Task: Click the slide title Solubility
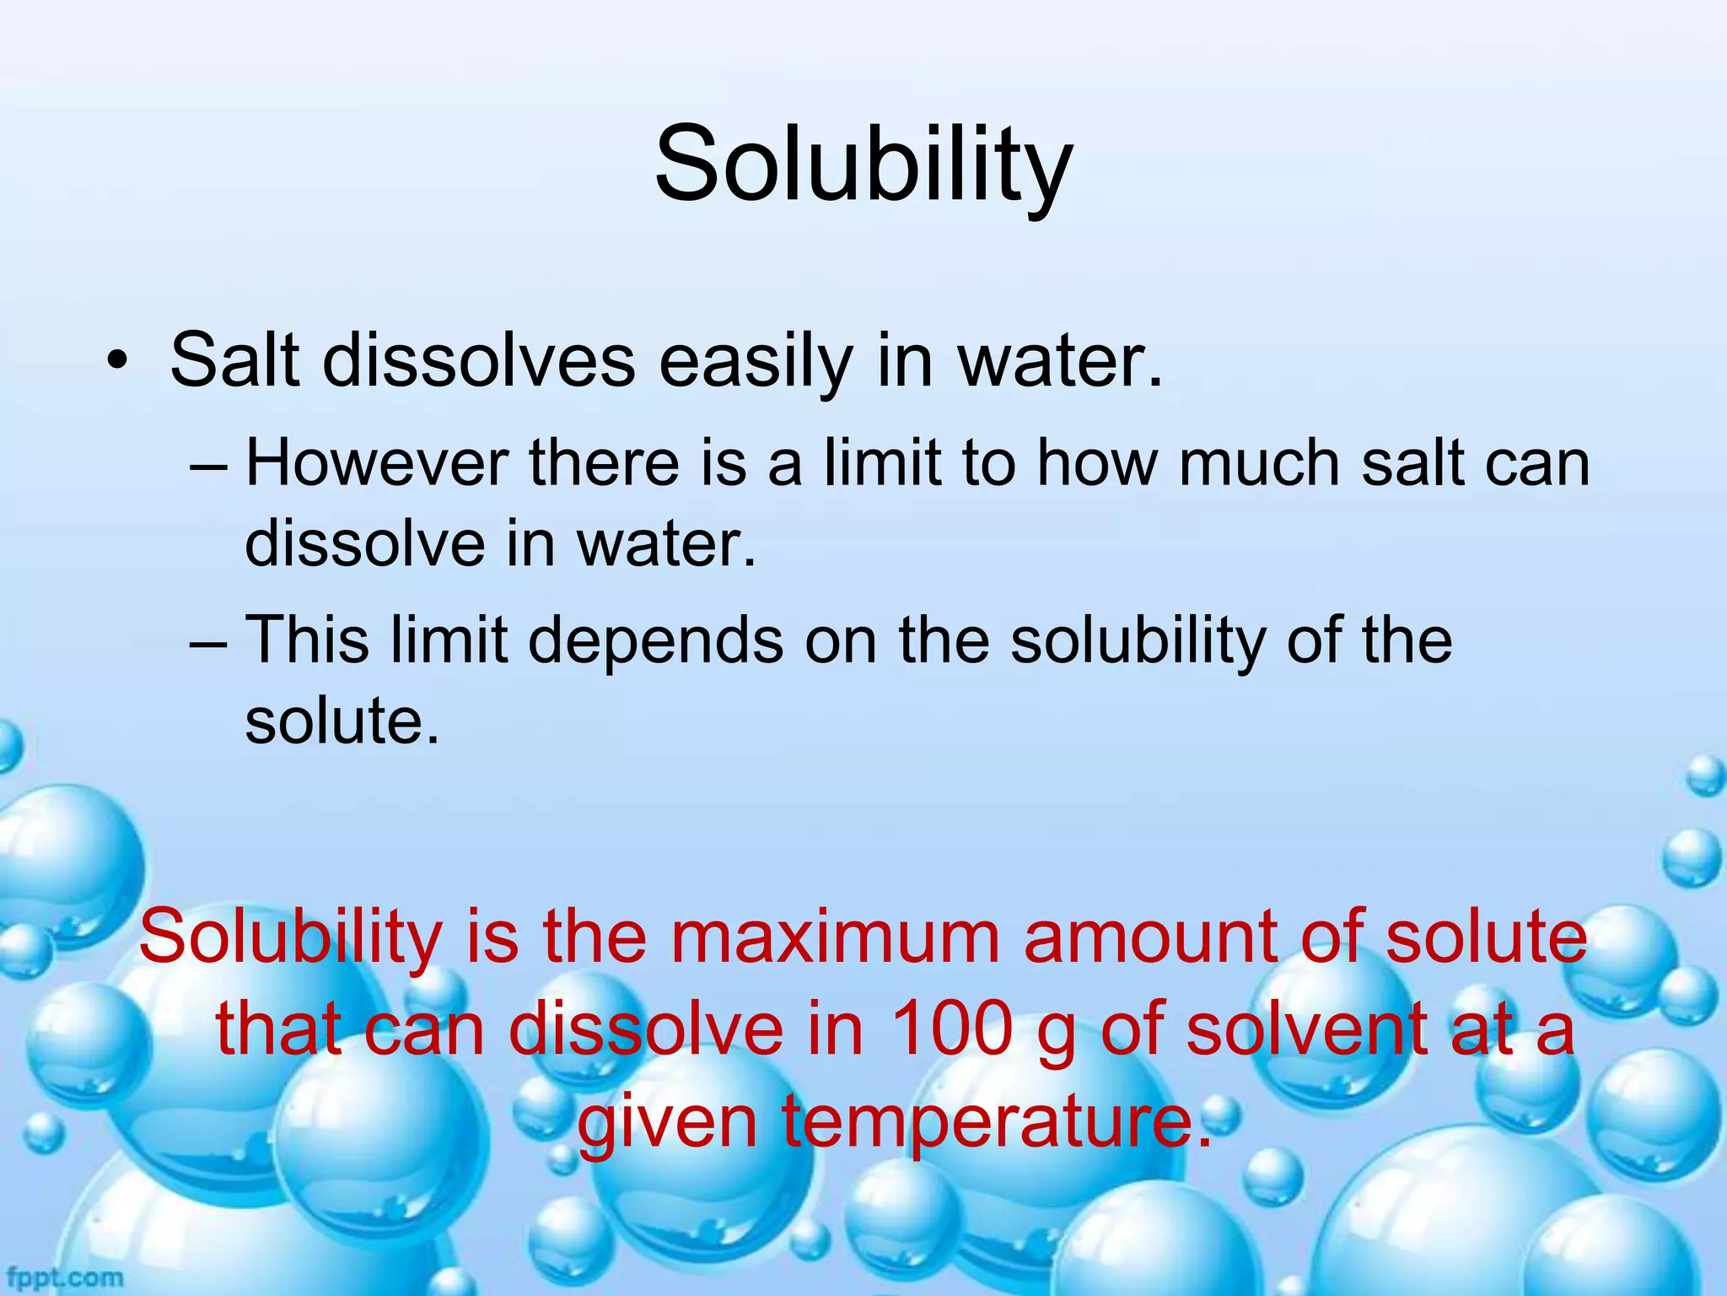click(x=863, y=165)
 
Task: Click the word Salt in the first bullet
click(x=234, y=361)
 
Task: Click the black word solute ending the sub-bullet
click(x=342, y=721)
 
